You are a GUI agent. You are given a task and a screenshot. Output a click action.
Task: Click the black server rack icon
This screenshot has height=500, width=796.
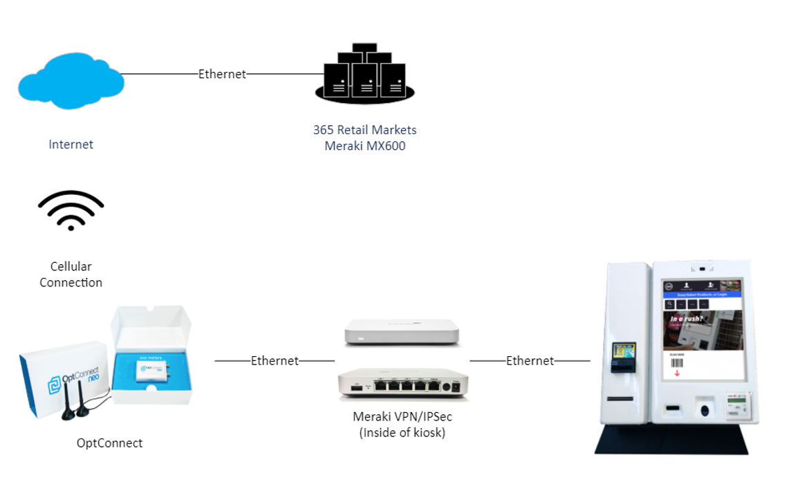point(364,75)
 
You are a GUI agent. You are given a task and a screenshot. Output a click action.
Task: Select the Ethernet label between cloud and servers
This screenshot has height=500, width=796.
point(222,74)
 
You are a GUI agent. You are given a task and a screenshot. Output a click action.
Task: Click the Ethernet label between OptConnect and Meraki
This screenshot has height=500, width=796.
point(275,360)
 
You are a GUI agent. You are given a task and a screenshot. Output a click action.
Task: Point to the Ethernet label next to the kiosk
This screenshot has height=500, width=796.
point(530,360)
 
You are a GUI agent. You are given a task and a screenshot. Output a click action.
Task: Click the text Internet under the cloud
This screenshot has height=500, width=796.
point(71,145)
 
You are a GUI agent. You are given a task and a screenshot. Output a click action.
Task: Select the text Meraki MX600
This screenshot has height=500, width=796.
point(364,146)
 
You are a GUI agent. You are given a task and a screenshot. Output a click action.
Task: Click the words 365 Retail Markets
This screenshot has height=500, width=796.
point(364,130)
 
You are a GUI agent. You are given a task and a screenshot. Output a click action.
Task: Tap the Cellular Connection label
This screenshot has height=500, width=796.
point(71,275)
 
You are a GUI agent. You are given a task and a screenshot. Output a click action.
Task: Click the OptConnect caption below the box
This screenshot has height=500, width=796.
point(109,443)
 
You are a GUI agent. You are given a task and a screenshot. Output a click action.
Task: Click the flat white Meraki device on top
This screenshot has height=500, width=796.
point(402,333)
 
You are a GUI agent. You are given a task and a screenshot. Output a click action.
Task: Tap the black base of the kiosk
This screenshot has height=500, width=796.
point(671,439)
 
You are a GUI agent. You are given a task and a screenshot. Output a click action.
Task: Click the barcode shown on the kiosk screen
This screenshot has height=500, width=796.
point(678,362)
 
